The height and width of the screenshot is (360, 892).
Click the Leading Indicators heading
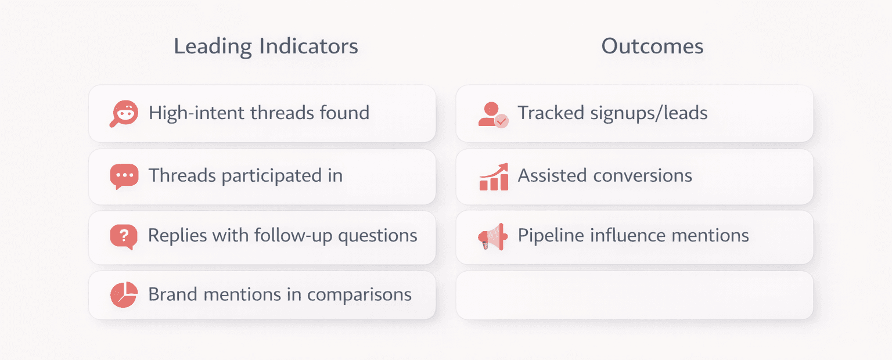pos(266,46)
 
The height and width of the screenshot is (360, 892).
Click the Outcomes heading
pos(652,46)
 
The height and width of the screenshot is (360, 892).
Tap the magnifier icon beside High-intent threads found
pos(124,113)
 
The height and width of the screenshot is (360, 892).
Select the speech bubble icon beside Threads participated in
pos(124,176)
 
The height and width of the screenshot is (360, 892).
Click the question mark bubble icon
pos(124,236)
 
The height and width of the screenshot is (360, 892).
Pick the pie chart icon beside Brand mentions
pos(124,295)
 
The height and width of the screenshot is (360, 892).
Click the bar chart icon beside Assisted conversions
pos(494,177)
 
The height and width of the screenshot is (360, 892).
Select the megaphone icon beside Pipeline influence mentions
pos(493,236)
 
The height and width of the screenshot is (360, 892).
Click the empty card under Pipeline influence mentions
pos(634,295)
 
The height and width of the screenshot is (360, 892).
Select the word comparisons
pos(359,294)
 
